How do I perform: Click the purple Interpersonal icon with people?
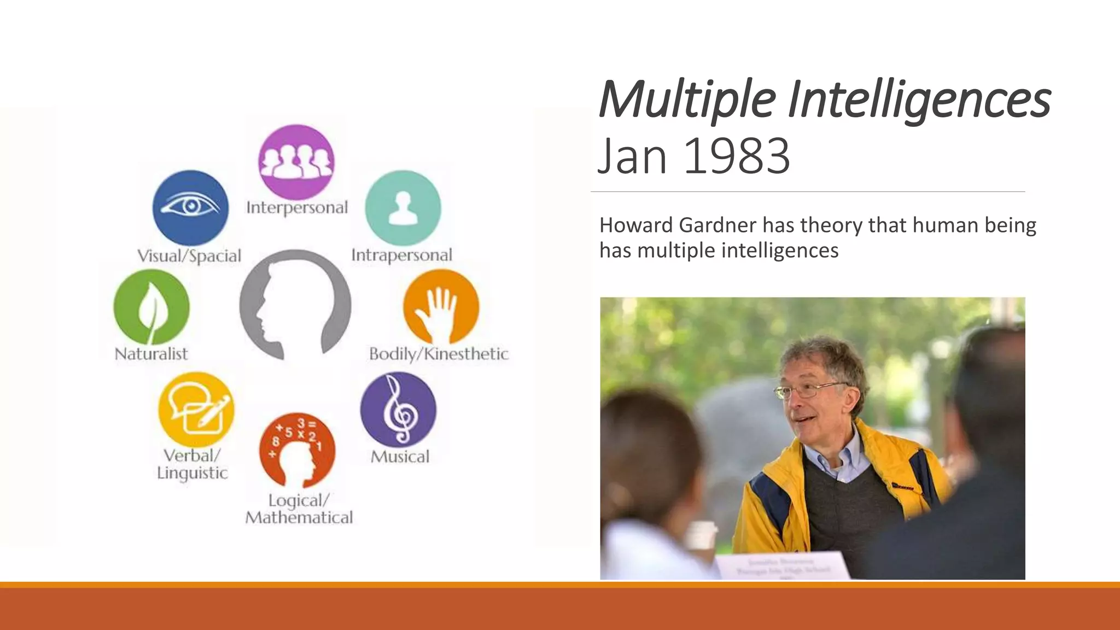(296, 162)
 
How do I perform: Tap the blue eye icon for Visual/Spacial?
(190, 207)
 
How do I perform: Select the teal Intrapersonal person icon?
(403, 208)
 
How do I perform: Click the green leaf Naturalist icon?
(151, 307)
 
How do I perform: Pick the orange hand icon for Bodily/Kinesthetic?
(441, 307)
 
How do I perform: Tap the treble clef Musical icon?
(398, 409)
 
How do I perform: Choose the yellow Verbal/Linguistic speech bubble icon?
(196, 410)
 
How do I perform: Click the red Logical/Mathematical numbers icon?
(297, 450)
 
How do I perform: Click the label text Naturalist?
(151, 354)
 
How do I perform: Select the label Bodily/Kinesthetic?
(439, 354)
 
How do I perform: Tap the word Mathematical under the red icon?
(299, 517)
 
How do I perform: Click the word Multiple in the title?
(687, 100)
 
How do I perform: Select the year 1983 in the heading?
(736, 156)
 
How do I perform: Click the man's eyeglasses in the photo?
(809, 390)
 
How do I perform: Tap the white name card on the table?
(783, 567)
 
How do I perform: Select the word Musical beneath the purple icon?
(400, 457)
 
